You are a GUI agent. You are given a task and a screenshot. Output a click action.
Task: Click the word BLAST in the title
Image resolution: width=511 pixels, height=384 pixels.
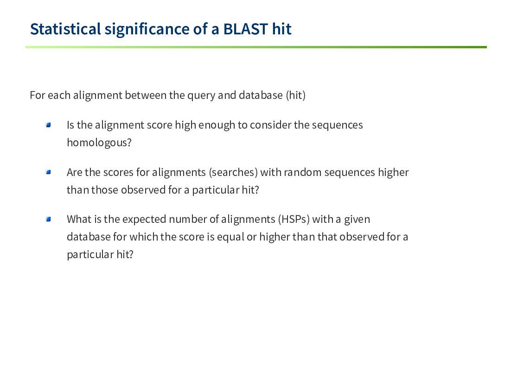(x=245, y=29)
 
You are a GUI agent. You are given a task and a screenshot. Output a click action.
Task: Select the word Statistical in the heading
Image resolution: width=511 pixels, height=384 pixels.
(x=65, y=29)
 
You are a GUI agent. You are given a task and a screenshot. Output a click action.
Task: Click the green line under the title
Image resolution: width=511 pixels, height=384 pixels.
(x=256, y=47)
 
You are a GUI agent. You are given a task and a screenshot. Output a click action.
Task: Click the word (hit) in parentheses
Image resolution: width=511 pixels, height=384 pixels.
(x=295, y=95)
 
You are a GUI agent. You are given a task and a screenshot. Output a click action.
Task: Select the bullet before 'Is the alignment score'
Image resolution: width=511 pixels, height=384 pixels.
(x=49, y=125)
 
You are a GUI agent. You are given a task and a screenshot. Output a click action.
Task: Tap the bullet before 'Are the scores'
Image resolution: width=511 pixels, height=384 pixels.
(x=49, y=172)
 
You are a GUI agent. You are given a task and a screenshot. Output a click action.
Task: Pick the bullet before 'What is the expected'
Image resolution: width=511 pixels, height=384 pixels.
(x=49, y=219)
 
